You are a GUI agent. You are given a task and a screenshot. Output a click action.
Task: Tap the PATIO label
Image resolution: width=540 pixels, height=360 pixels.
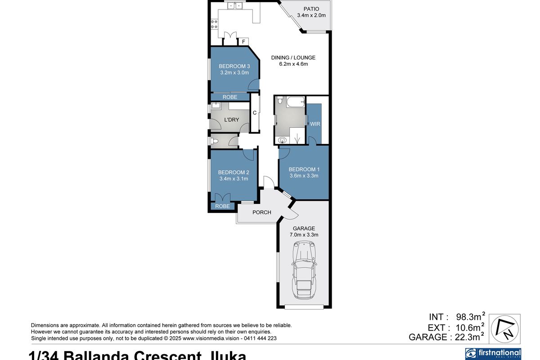pos(311,9)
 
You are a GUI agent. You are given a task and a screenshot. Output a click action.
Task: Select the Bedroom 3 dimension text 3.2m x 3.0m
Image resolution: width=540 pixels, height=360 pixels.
pos(234,72)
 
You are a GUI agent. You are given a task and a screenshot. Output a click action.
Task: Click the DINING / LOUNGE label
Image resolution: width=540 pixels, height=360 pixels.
pos(293,58)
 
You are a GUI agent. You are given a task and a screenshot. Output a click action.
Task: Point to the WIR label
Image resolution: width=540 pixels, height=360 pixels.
pos(315,124)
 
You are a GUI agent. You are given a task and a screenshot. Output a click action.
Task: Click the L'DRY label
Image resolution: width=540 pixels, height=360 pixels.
pos(231,120)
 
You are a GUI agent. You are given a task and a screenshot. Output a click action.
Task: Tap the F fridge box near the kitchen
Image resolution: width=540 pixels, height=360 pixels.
pos(243,42)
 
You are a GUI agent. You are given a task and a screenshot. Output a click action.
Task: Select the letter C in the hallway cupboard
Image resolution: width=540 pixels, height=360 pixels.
pos(254,113)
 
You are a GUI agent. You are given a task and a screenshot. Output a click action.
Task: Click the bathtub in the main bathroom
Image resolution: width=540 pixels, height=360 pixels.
pos(296,102)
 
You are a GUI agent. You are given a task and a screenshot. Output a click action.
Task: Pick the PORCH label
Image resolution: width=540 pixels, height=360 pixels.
pos(261,212)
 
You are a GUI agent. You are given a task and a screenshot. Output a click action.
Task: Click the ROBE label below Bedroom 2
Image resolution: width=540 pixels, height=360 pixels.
pos(222,207)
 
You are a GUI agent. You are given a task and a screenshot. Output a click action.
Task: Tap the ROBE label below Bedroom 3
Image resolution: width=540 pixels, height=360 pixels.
pos(230,97)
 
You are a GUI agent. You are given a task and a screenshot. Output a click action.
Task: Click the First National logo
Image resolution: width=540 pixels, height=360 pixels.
pos(493,353)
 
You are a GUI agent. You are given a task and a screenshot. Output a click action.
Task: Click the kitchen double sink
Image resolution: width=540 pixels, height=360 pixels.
pos(235,6)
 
